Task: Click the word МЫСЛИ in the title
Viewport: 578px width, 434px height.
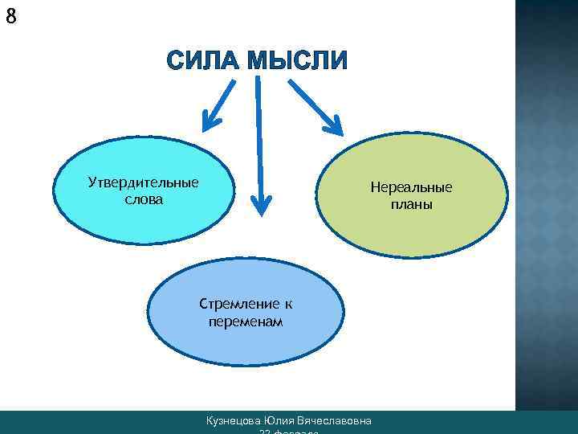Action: [298, 61]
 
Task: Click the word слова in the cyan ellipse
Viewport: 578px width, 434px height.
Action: [143, 199]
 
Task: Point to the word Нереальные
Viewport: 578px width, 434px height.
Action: [411, 187]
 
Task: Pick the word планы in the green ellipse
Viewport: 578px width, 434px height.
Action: [411, 204]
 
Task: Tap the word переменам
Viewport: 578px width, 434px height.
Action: [245, 321]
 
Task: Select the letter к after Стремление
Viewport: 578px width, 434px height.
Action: [287, 305]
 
